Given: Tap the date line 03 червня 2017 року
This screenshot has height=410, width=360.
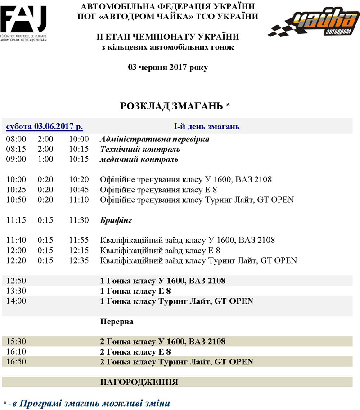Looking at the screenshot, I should click(168, 68).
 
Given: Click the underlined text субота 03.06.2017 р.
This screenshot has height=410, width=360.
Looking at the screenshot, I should click(44, 127).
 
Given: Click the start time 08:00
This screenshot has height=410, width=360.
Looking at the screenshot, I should click(16, 139).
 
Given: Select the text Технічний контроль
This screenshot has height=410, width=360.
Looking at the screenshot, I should click(140, 149).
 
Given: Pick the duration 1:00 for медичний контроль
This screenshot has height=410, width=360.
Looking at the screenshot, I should click(45, 159).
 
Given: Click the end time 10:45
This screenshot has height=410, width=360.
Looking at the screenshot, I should click(79, 190).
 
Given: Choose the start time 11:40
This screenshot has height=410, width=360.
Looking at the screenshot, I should click(16, 240).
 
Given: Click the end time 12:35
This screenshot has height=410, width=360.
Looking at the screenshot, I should click(79, 260).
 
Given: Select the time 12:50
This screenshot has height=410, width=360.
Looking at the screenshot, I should click(16, 281).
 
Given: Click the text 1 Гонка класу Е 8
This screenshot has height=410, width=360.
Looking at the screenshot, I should click(135, 291).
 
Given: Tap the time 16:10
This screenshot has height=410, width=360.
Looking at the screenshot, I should click(16, 351).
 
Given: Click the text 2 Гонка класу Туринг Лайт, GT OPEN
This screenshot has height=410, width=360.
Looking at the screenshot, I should click(176, 362).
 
